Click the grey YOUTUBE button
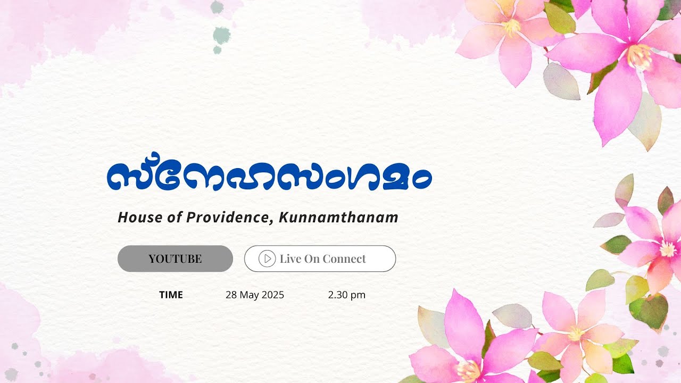175,259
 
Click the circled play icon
267,259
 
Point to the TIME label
171,295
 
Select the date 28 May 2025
255,295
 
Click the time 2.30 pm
347,295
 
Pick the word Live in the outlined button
290,259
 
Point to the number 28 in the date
231,295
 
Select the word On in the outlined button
312,259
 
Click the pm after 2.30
359,295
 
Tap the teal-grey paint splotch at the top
221,36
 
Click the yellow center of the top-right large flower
639,57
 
